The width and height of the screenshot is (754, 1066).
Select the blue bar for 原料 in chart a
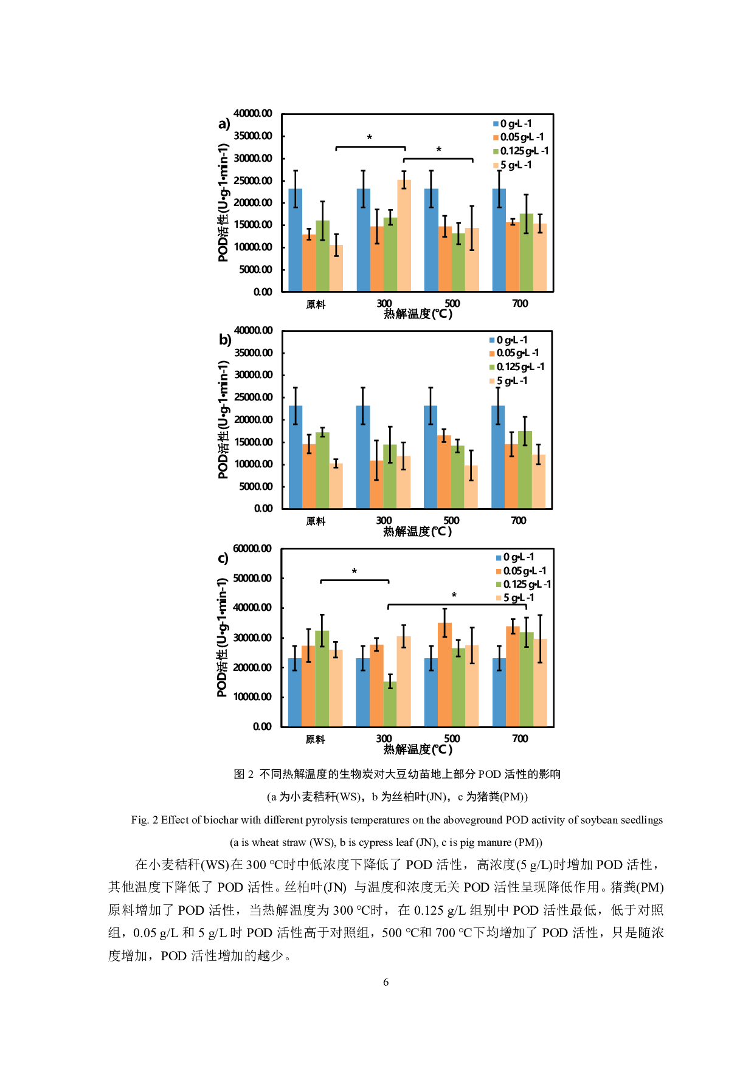pos(295,240)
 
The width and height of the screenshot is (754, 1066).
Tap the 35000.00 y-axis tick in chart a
pos(253,136)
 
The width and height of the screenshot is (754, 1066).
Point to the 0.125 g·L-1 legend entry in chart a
pos(521,151)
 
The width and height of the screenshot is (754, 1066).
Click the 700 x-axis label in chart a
pos(520,303)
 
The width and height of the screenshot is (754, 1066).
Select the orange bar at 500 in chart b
pos(444,472)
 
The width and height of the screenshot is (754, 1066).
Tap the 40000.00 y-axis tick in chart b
pos(254,331)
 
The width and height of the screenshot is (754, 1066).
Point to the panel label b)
pos(225,340)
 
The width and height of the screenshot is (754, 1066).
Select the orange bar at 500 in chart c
pos(444,675)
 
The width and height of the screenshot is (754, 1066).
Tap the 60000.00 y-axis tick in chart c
pos(252,549)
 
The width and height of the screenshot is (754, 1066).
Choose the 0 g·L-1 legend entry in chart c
pos(515,557)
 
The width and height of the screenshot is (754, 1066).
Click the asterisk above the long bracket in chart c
pos(454,596)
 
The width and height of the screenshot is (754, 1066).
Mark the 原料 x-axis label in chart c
pos(315,739)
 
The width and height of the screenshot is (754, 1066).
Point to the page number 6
pos(386,982)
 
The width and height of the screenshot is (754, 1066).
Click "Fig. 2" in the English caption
pos(144,820)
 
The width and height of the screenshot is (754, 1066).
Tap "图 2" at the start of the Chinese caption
pos(243,774)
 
